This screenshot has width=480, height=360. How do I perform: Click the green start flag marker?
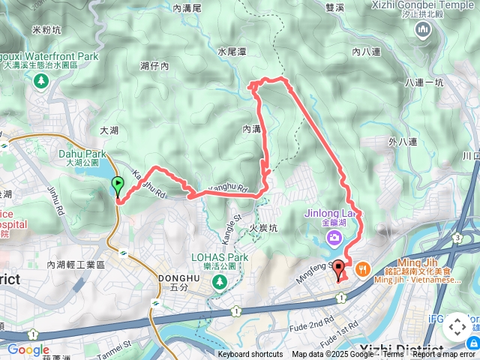point(118,185)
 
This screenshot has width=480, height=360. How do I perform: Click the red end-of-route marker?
point(339,270)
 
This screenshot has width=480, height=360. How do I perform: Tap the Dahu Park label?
point(82,154)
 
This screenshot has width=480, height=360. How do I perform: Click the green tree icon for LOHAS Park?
point(219,282)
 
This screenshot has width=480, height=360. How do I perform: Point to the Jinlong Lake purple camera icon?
point(333,238)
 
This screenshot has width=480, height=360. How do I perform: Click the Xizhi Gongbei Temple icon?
point(421,29)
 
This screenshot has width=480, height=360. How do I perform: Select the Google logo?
point(28,349)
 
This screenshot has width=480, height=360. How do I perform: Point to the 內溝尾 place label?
point(187,8)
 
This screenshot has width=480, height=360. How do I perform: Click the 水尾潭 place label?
point(232,52)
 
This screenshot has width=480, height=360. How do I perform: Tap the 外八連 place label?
point(403,141)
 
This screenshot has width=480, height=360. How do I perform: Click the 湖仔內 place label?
point(154,67)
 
